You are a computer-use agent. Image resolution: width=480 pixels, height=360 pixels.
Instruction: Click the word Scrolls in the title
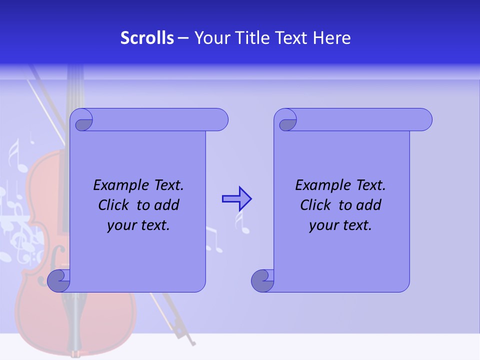click(x=147, y=38)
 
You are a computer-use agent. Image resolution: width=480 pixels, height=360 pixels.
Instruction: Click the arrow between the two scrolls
click(x=236, y=199)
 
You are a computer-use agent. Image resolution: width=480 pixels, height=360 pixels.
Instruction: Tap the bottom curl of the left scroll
click(x=58, y=280)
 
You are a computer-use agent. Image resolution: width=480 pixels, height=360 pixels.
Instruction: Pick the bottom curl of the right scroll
click(x=262, y=280)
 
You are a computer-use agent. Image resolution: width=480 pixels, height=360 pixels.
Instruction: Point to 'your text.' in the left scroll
click(x=138, y=225)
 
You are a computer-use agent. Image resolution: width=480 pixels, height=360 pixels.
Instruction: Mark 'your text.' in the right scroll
click(x=340, y=225)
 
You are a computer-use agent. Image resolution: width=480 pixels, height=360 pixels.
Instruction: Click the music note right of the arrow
click(x=244, y=225)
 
